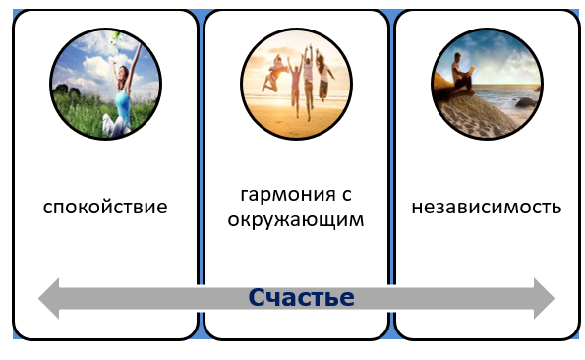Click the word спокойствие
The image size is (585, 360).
[105, 208]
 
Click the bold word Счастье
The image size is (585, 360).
[301, 297]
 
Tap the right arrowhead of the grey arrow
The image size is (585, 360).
[543, 298]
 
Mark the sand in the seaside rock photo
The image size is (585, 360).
[482, 118]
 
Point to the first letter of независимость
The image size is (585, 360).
[417, 208]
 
